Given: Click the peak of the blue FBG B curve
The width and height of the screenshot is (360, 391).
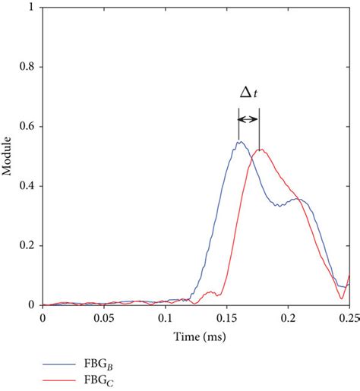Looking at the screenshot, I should (x=239, y=142).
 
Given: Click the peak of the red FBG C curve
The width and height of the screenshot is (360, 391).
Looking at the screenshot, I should (x=260, y=150).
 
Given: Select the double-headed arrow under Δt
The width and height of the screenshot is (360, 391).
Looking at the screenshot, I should (x=248, y=119).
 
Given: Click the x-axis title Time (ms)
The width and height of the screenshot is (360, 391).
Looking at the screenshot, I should (x=195, y=334).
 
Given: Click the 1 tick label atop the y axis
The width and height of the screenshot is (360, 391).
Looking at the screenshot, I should (x=34, y=8).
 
